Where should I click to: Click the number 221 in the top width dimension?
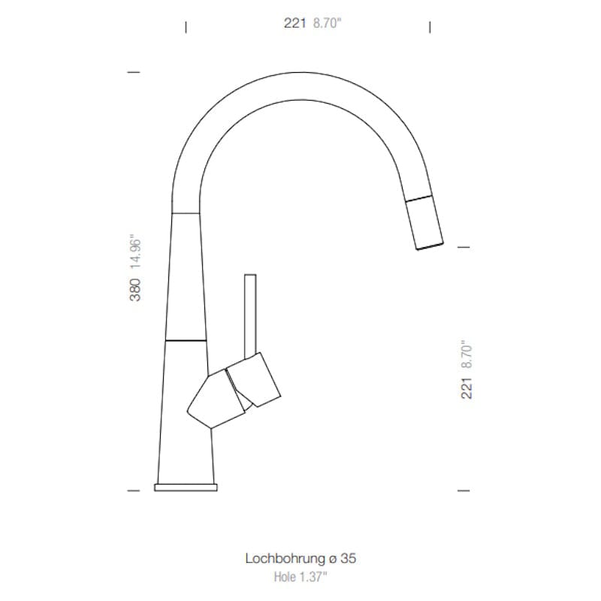click(294, 23)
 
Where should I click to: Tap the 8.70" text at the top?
click(327, 23)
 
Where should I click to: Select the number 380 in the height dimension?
click(135, 290)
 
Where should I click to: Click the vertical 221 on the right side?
click(467, 388)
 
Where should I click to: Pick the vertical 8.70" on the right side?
click(467, 354)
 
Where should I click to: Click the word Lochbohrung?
click(285, 558)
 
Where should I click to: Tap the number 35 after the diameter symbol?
click(348, 558)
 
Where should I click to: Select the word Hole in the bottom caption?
click(285, 576)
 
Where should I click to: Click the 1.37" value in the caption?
click(313, 576)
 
